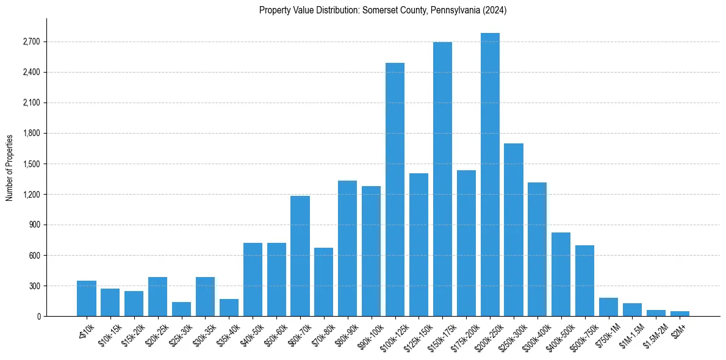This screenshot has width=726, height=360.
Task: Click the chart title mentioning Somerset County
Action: click(x=383, y=10)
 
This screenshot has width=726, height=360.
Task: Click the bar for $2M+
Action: click(x=680, y=314)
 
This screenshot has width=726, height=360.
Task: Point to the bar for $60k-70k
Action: click(x=300, y=256)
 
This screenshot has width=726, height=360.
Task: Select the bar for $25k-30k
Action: click(x=181, y=309)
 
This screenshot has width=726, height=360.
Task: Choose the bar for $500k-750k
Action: click(x=584, y=281)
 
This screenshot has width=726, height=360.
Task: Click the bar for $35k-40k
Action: click(x=229, y=308)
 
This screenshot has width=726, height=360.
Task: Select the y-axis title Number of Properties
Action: click(x=10, y=167)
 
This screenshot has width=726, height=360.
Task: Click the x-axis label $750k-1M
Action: click(x=606, y=335)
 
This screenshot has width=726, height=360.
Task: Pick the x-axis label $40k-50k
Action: click(x=250, y=335)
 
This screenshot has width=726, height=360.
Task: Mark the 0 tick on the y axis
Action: click(x=39, y=317)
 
